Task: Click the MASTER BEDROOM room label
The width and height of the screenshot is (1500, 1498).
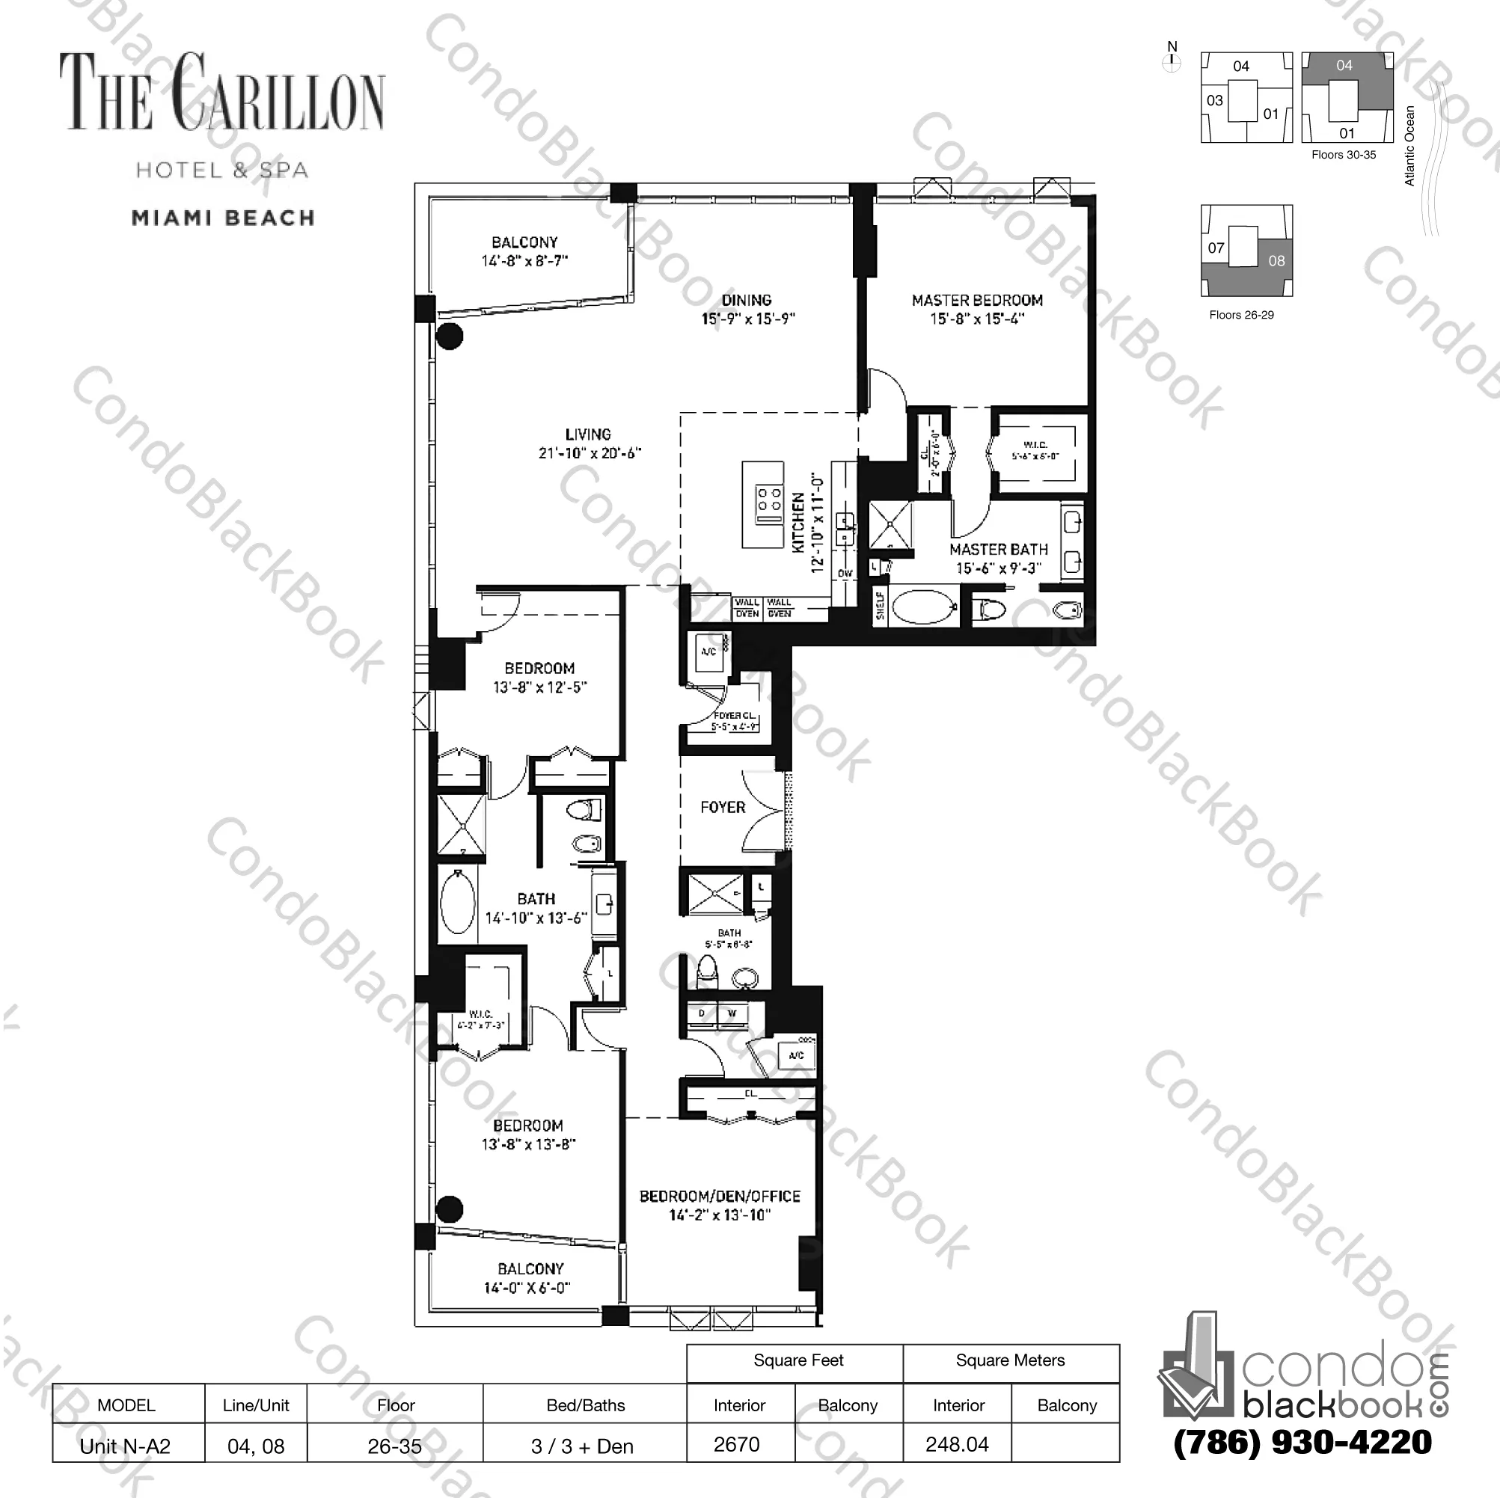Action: (x=977, y=301)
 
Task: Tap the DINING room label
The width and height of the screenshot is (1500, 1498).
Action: (x=747, y=301)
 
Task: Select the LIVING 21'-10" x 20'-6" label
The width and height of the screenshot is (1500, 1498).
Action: (x=590, y=443)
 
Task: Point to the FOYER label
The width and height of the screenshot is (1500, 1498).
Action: (x=723, y=807)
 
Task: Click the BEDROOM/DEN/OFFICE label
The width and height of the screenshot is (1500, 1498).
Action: (x=720, y=1197)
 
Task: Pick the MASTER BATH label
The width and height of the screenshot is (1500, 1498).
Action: (x=999, y=550)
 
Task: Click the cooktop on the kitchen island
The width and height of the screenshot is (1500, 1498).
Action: (x=769, y=500)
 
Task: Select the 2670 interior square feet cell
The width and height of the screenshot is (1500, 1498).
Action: (x=737, y=1444)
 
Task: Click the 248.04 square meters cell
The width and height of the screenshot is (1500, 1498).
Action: (x=958, y=1444)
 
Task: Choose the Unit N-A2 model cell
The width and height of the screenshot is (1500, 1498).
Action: (x=126, y=1446)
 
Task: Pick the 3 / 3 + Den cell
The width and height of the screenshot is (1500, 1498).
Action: (x=582, y=1446)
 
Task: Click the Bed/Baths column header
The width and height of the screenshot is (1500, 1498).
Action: (x=585, y=1405)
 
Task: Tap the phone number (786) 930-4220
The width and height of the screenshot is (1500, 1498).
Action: (x=1302, y=1442)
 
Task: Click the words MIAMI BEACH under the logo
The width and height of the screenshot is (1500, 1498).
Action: (x=224, y=218)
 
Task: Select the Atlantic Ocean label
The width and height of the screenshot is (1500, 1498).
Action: (x=1411, y=146)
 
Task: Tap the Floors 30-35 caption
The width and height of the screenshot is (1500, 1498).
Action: (x=1343, y=155)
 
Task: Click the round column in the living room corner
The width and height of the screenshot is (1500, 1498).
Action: (x=450, y=336)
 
